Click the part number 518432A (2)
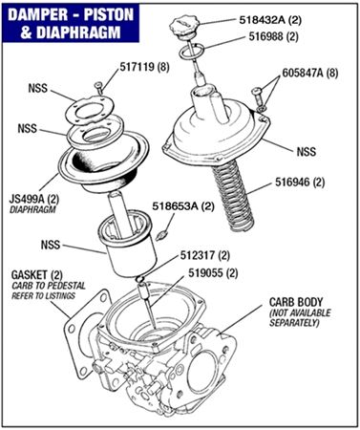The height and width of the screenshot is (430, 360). point(270,20)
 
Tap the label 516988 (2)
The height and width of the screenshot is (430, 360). point(273,36)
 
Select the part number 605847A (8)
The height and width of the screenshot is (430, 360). point(310,73)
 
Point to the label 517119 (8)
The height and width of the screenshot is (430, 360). point(144,67)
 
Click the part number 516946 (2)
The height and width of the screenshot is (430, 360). point(300,183)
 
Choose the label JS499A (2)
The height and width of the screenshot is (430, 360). point(34,200)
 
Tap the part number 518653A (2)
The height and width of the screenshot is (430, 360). point(183,206)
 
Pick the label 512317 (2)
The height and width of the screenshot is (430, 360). point(205,255)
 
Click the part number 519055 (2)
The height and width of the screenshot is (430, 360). point(213,273)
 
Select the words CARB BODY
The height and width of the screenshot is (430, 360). point(296,302)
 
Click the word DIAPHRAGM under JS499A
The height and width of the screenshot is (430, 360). point(32,210)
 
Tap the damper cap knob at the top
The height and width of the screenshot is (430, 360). point(185,26)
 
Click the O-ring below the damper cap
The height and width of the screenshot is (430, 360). point(191,53)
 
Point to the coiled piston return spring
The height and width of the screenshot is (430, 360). point(233,194)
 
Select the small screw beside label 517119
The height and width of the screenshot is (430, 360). point(98,87)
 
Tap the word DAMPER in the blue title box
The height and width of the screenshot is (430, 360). point(38,15)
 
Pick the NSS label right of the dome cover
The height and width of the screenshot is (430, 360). point(307,151)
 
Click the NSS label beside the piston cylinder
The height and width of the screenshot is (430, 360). point(51,245)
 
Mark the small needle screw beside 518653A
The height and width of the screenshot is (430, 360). point(161,236)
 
